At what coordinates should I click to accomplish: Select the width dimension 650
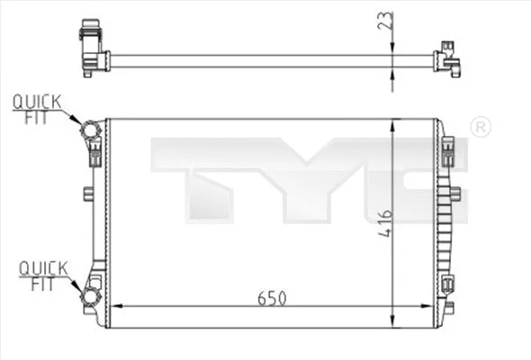pyautogui.click(x=272, y=298)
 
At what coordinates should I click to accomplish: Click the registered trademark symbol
pyautogui.click(x=481, y=126)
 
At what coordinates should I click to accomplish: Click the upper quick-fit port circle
pyautogui.click(x=91, y=131)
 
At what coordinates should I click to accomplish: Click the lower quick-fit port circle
pyautogui.click(x=91, y=298)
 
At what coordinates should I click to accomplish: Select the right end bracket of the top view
pyautogui.click(x=446, y=58)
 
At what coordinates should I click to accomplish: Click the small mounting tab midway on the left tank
pyautogui.click(x=87, y=193)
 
